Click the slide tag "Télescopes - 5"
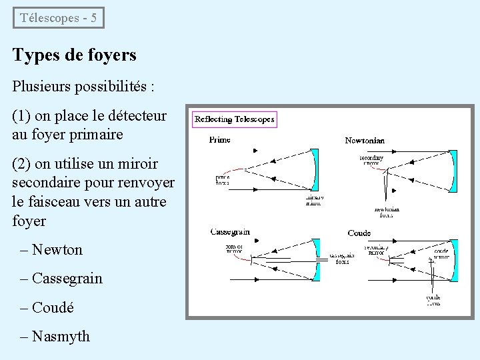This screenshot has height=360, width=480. tap(59, 18)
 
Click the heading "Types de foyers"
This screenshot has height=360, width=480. tap(74, 55)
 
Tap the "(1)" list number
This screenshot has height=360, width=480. tap(21, 116)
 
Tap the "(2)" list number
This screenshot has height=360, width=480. tap(21, 164)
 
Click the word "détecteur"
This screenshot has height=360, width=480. tap(135, 116)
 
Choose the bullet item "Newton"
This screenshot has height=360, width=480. tap(57, 250)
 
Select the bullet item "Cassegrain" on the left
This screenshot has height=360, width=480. tap(67, 279)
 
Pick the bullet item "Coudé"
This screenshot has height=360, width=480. tap(53, 307)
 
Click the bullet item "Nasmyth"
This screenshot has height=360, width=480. tap(61, 336)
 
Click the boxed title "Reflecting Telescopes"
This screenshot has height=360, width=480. tap(234, 119)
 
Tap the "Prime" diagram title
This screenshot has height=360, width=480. tap(219, 140)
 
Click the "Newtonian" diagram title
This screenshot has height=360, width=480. tap(364, 141)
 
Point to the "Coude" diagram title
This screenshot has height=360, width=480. tap(359, 233)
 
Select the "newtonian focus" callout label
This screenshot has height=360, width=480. tap(386, 212)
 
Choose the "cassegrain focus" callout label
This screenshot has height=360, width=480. tap(342, 259)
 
